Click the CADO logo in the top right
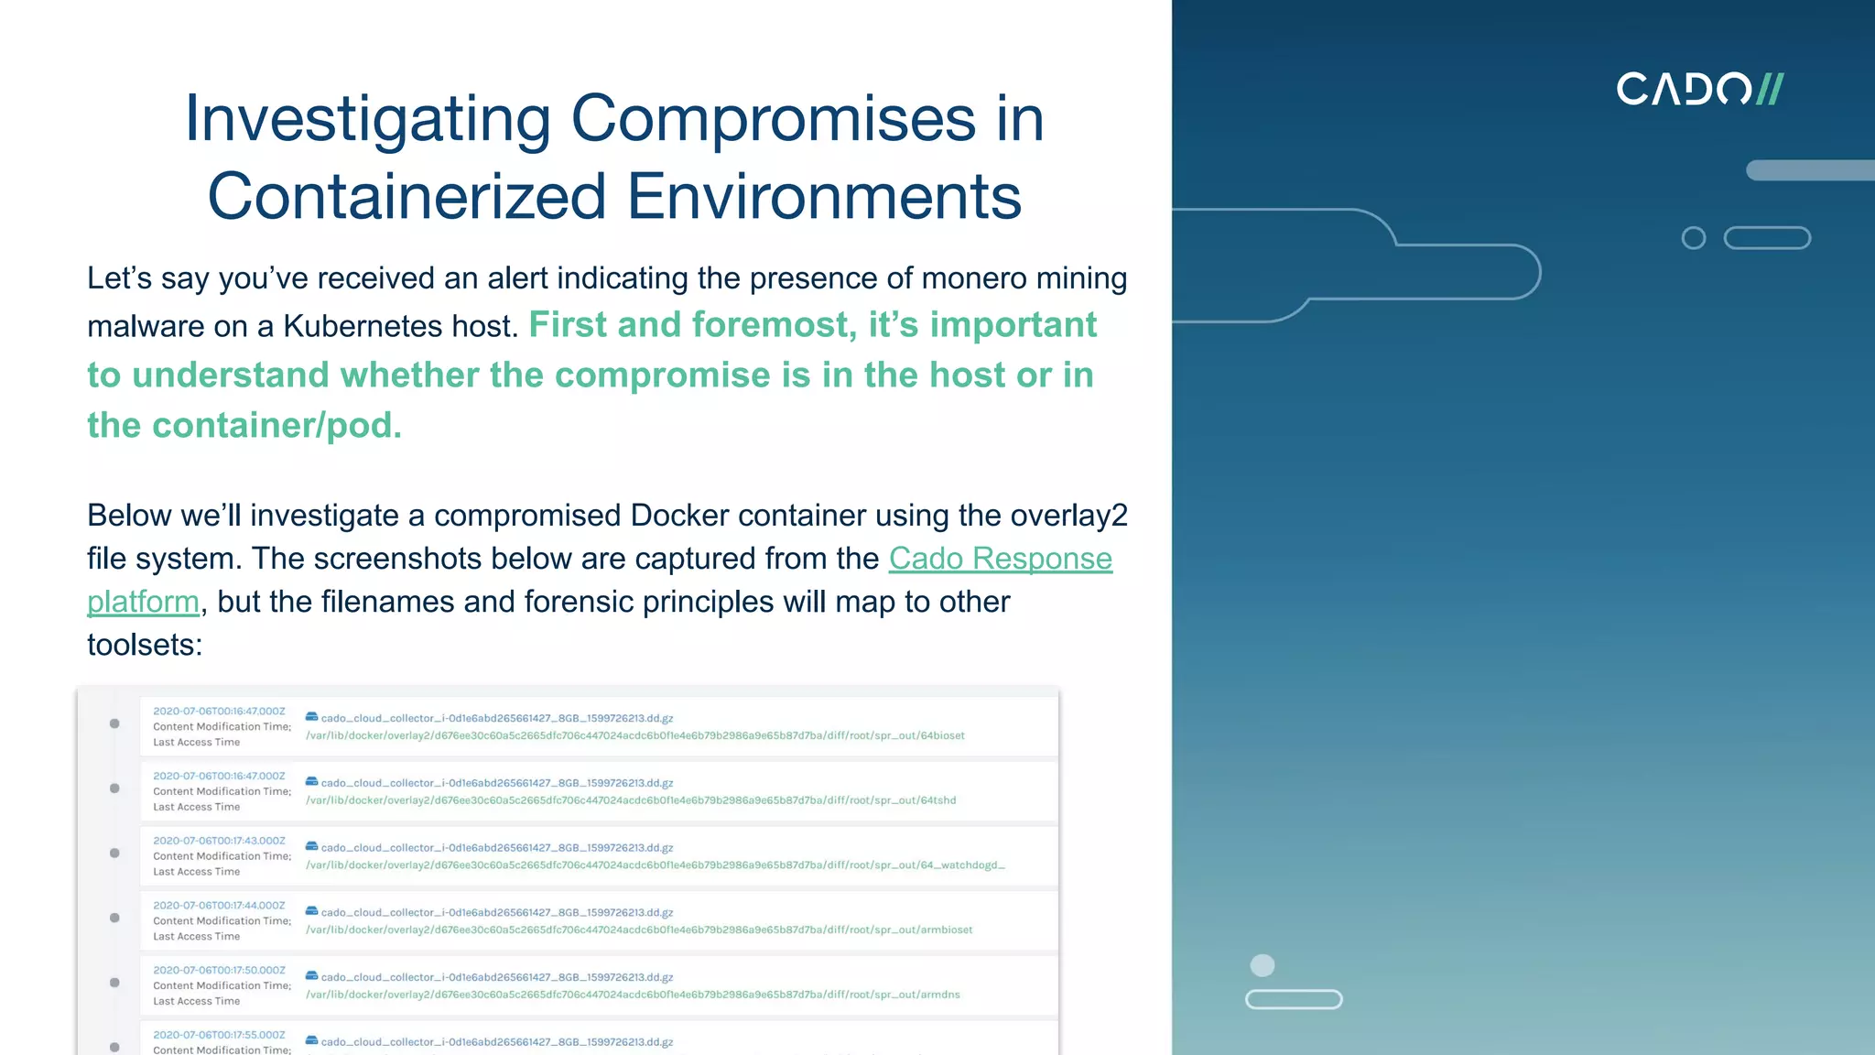1699,89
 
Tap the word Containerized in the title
406,196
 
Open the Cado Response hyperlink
1000,558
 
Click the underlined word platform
143,602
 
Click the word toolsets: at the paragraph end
145,645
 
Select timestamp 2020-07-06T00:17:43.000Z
219,840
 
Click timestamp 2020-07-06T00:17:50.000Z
219,970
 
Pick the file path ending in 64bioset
634,735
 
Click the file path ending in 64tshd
631,800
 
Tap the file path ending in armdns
633,995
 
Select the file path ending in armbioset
639,930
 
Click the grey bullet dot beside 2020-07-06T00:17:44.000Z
114,918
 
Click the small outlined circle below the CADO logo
1694,238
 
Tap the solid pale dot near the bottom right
1262,965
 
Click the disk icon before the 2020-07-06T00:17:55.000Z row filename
311,1040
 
